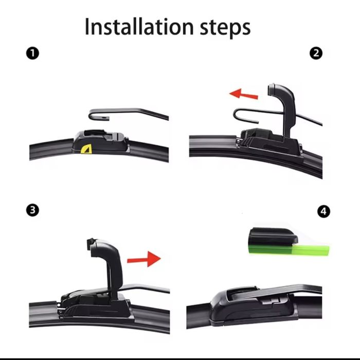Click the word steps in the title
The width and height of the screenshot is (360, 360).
[x=225, y=29]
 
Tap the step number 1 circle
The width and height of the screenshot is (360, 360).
[x=32, y=53]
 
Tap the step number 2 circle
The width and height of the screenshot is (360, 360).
[x=316, y=53]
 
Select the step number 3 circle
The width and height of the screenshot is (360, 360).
[x=32, y=210]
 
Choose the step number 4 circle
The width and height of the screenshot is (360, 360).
[x=323, y=211]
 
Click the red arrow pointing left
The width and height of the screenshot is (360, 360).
[x=244, y=94]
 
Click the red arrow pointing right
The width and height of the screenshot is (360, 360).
[x=144, y=259]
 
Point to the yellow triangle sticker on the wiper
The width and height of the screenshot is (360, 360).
[x=86, y=149]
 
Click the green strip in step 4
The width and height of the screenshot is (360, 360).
[x=289, y=249]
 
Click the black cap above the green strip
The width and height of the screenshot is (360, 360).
[x=273, y=237]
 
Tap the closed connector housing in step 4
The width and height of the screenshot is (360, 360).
[x=253, y=305]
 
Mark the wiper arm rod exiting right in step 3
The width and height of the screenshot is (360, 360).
[x=147, y=287]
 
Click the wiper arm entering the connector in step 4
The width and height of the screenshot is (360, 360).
[x=292, y=291]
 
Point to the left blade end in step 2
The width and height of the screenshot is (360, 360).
[x=213, y=146]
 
